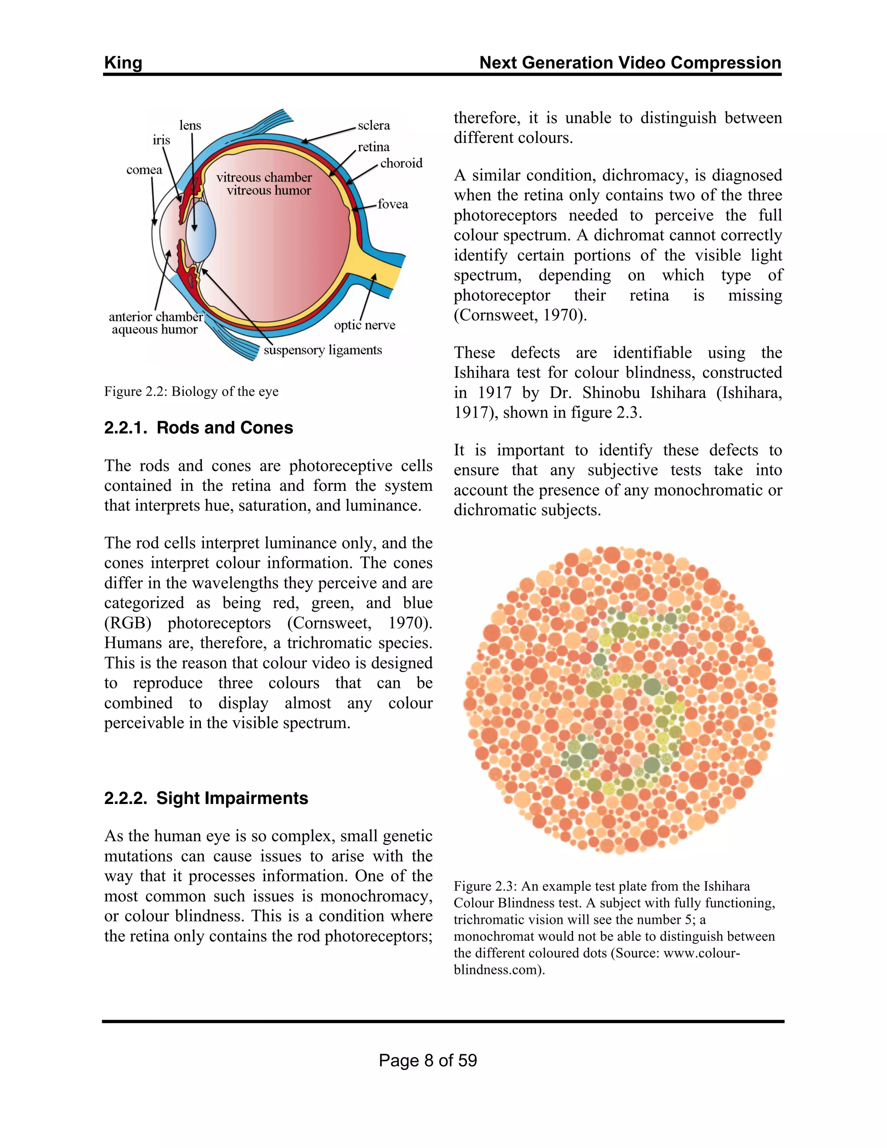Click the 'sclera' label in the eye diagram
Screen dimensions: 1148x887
coord(374,126)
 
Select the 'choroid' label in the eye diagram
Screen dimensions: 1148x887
coord(401,163)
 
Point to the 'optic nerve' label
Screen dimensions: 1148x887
coord(364,325)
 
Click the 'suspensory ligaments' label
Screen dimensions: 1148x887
coord(323,350)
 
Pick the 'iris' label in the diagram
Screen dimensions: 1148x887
coord(161,140)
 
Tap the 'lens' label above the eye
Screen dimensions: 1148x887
coord(190,126)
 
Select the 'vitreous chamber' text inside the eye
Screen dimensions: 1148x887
coord(264,177)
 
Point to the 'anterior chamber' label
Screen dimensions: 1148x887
coord(155,316)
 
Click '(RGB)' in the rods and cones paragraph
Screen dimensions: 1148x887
coord(128,623)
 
